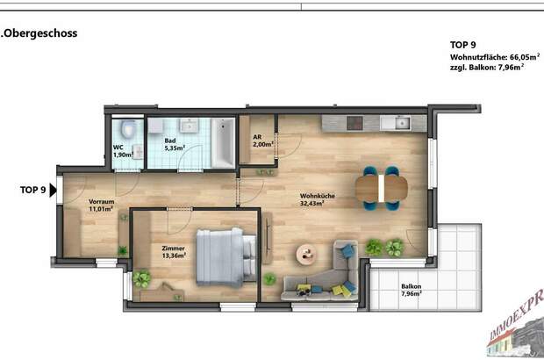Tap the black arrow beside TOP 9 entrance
coord(54,189)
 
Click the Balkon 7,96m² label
coord(412,291)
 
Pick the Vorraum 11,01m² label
coord(102,206)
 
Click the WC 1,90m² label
coord(122,151)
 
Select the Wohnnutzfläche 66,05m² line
coord(493,56)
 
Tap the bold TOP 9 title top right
coord(462,44)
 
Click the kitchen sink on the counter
coord(402,122)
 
